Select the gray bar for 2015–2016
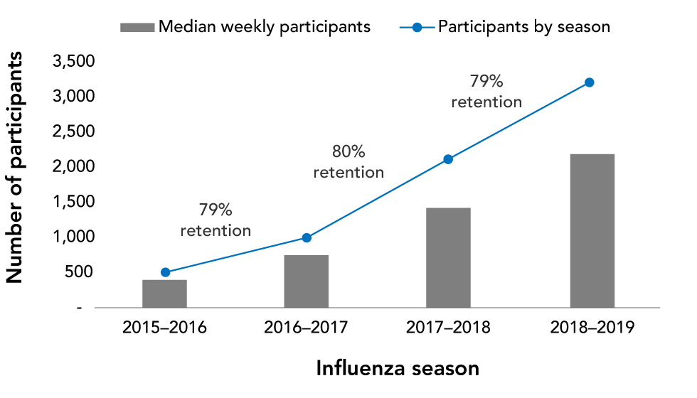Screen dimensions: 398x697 click(164, 294)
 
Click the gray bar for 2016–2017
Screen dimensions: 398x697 click(307, 281)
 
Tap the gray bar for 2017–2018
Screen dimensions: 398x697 click(448, 257)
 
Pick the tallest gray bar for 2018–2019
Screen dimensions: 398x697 click(592, 230)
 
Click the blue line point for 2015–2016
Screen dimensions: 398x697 click(165, 272)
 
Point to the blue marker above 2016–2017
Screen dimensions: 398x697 click(307, 238)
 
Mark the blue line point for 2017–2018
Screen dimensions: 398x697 click(448, 159)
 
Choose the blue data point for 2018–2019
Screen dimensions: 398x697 click(589, 82)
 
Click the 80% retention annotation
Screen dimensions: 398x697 click(348, 162)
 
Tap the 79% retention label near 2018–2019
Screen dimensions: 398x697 click(486, 91)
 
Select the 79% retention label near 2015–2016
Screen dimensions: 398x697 click(216, 220)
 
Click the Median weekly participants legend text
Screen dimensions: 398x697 click(265, 27)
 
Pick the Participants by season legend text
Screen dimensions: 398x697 click(524, 27)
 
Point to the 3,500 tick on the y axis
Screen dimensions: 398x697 click(75, 62)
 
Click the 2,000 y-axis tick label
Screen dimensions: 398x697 click(75, 167)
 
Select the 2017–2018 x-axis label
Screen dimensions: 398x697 click(448, 328)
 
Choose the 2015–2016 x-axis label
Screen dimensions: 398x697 click(164, 328)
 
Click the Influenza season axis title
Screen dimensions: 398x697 click(398, 369)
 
